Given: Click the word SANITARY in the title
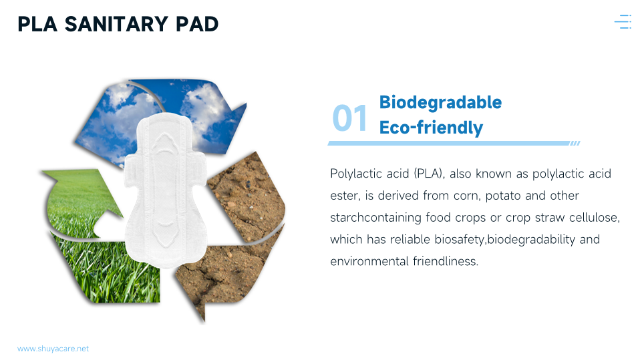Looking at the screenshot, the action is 116,24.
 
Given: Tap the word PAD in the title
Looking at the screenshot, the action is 197,24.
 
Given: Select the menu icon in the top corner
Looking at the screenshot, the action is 623,21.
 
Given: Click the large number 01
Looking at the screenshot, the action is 349,118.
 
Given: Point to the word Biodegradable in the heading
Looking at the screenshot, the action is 440,102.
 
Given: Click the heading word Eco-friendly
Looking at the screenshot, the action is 431,128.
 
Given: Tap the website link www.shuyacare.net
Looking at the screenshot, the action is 53,349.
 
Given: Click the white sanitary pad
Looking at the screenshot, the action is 165,191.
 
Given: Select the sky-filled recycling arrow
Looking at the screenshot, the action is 160,119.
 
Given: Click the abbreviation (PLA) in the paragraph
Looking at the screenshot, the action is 429,174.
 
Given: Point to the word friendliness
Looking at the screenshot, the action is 446,261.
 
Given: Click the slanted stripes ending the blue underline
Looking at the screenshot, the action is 575,143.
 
